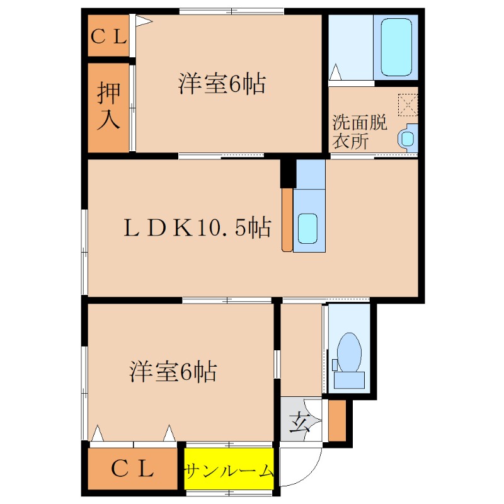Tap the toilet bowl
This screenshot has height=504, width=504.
click(x=348, y=352)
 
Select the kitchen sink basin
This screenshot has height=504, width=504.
click(x=307, y=228)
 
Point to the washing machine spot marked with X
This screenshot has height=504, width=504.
click(x=408, y=104)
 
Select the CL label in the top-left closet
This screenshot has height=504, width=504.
click(x=109, y=36)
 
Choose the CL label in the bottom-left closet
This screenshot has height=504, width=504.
click(x=133, y=468)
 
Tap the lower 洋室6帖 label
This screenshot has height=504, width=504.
click(x=174, y=372)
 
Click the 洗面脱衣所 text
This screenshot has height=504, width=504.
click(x=359, y=132)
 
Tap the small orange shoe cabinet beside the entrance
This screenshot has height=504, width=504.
click(x=337, y=420)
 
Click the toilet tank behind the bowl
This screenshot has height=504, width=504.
click(x=349, y=380)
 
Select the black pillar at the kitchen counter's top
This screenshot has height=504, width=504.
click(x=288, y=173)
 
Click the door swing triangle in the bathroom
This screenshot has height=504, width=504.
click(x=336, y=72)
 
